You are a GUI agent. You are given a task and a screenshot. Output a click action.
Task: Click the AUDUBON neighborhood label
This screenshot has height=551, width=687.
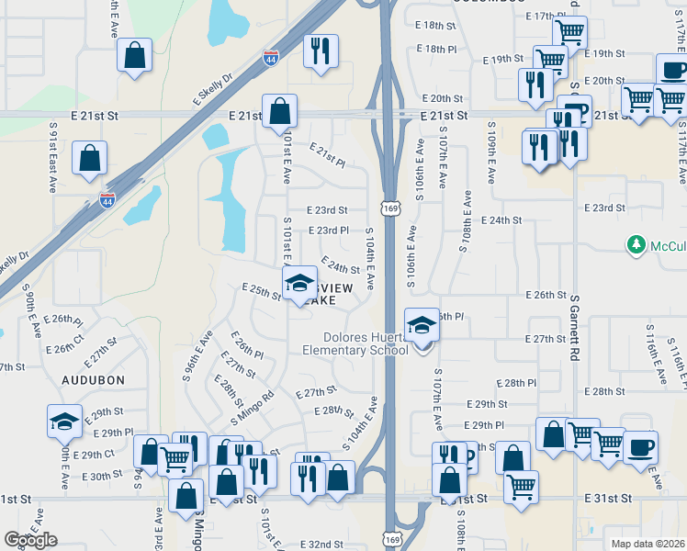(92, 378)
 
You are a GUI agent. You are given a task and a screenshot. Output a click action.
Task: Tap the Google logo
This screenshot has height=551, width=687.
(30, 540)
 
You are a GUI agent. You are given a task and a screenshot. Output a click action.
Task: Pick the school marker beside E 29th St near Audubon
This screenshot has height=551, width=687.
(64, 422)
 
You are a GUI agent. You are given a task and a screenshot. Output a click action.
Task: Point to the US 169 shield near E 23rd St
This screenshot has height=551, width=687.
(391, 211)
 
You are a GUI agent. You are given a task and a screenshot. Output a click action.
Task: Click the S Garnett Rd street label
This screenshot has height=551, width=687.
(576, 327)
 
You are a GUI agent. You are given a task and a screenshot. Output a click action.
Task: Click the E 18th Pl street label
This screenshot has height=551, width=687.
(435, 48)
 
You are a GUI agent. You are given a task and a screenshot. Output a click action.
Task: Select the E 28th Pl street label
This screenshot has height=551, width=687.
(514, 382)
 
